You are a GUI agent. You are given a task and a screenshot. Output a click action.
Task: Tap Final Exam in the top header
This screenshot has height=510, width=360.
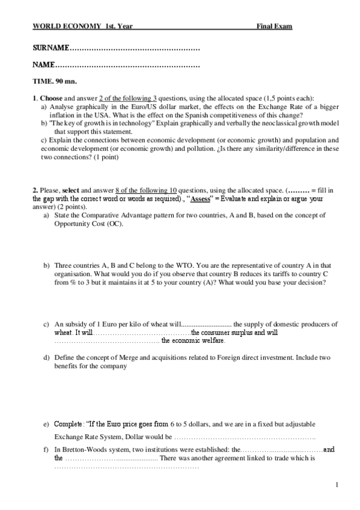coord(275,26)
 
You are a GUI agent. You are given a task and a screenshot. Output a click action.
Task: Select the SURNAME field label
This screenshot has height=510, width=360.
coord(51,47)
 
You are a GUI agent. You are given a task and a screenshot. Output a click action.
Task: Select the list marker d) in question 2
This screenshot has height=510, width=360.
coord(47,358)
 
